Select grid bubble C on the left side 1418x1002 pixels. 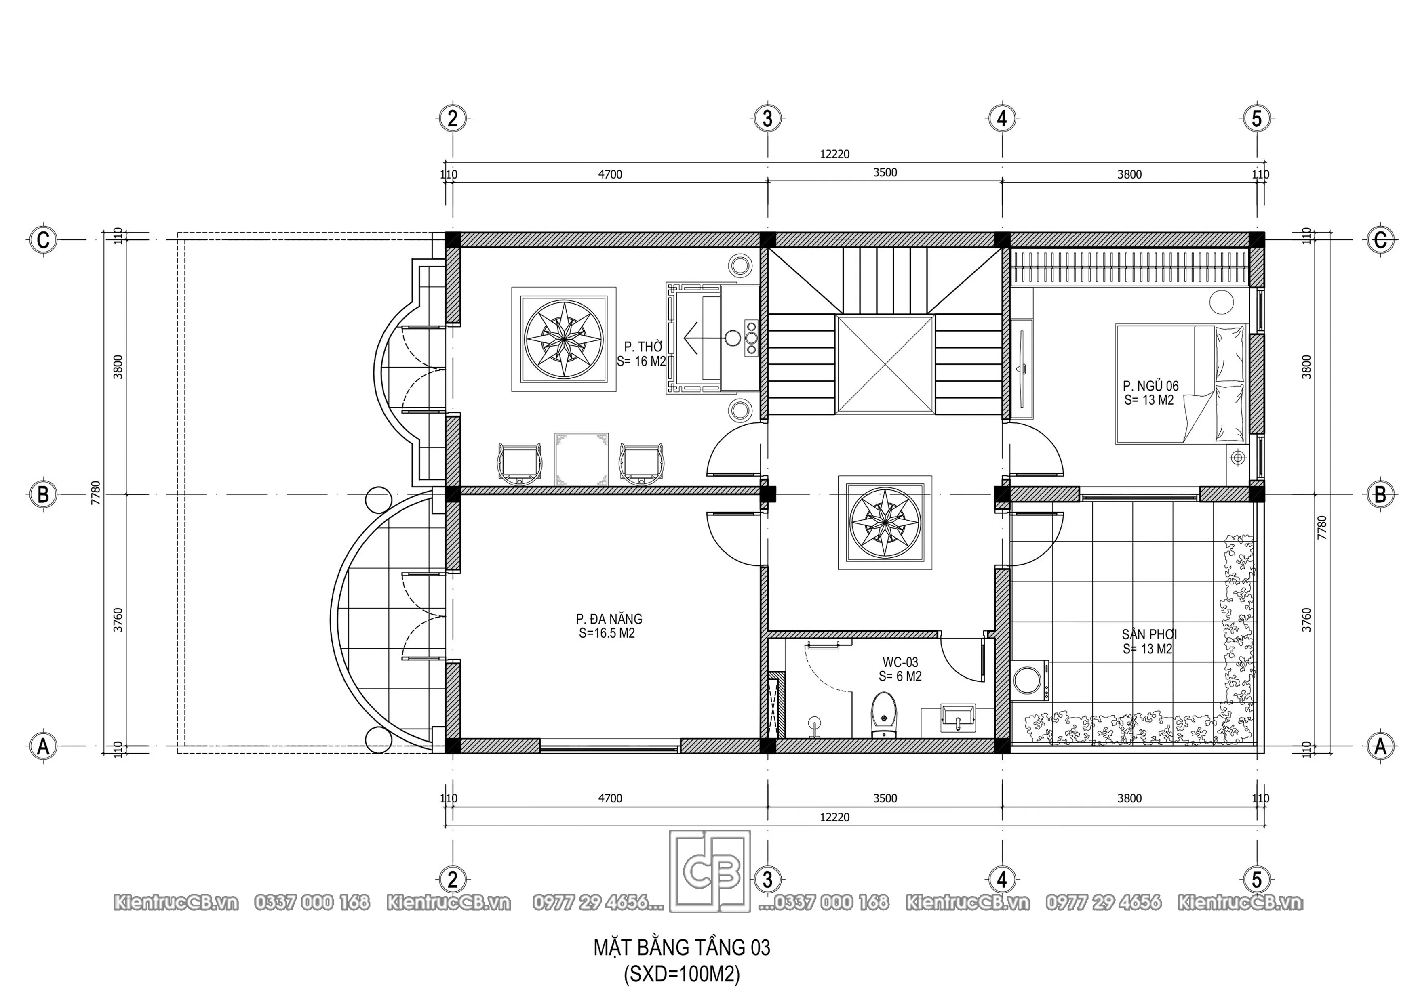pos(42,239)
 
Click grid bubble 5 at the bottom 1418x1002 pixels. pos(1257,878)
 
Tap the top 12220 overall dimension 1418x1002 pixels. pos(834,154)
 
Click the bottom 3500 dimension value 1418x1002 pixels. pos(885,798)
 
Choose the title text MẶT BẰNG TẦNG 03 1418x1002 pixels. pos(682,947)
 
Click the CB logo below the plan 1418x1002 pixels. pos(710,871)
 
